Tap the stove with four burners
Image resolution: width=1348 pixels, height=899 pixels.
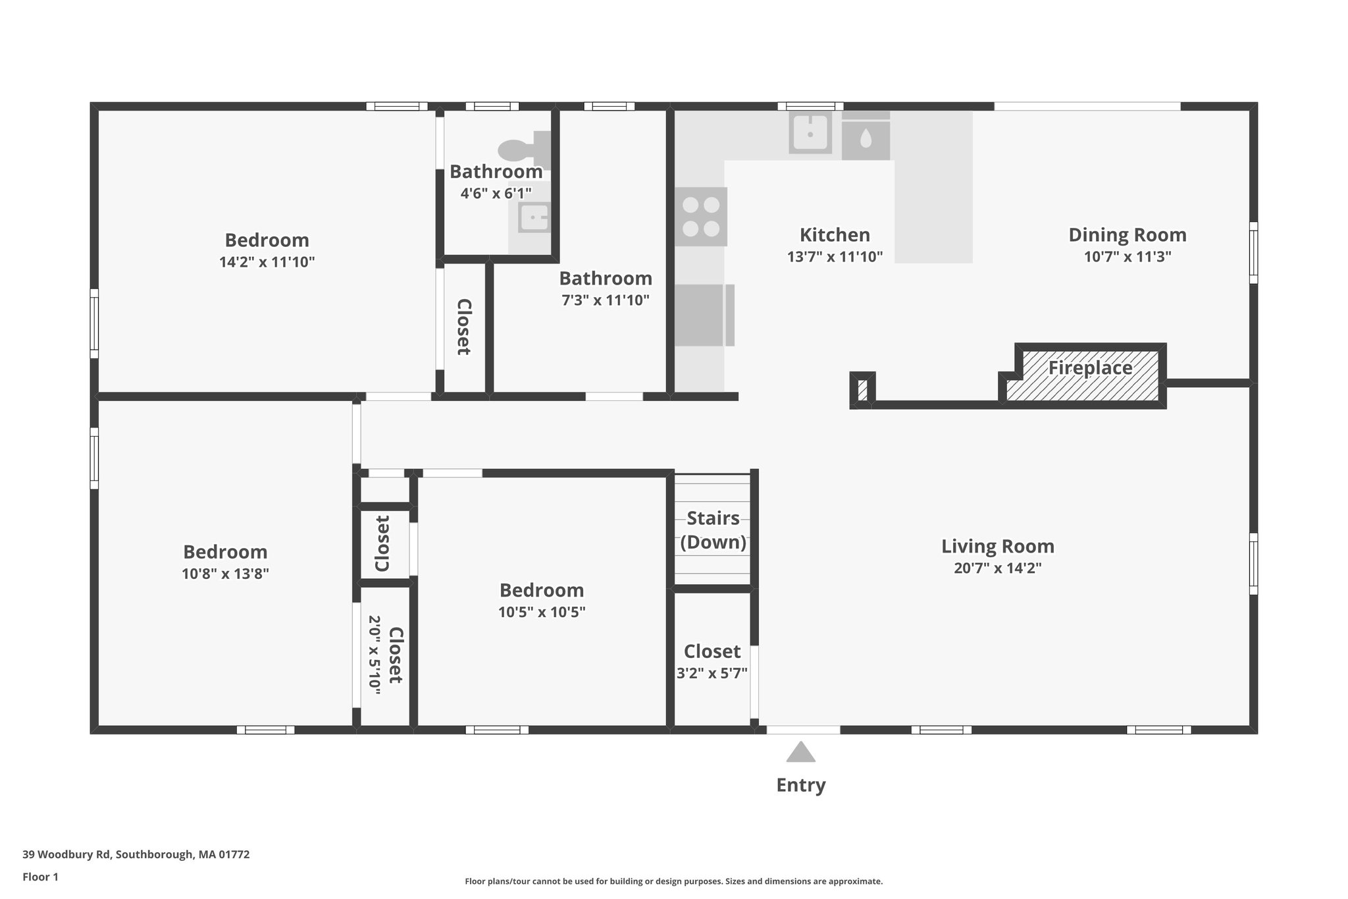click(x=701, y=217)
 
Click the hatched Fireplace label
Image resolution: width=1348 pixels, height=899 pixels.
click(x=1090, y=368)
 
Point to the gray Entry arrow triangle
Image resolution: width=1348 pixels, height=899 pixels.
click(x=800, y=753)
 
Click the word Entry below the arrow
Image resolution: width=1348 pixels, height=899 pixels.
click(x=800, y=785)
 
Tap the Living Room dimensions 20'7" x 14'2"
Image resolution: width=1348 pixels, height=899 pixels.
click(x=997, y=568)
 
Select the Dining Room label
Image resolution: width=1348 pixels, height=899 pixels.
click(x=1127, y=235)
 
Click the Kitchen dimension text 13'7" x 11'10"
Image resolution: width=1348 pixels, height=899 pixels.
click(x=835, y=257)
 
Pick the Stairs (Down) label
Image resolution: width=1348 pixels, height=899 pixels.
click(x=713, y=530)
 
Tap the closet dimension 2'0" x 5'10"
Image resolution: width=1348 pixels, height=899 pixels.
click(x=375, y=654)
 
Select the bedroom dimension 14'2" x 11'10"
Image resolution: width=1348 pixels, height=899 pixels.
click(x=267, y=262)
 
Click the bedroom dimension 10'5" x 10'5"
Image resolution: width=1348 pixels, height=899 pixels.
click(x=541, y=613)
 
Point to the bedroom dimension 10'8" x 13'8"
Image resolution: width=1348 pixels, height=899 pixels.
click(x=225, y=574)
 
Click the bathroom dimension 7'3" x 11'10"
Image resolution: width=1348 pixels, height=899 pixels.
click(x=605, y=300)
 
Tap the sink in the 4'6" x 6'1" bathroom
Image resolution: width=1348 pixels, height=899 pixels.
click(x=534, y=217)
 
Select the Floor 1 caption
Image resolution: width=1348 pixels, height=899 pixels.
click(x=40, y=877)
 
